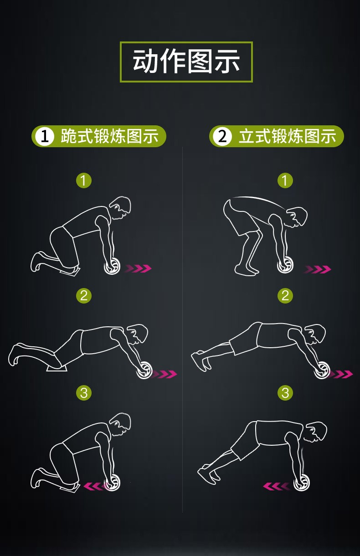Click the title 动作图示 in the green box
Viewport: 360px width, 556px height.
click(186, 62)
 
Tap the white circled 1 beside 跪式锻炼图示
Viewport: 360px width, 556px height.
click(45, 136)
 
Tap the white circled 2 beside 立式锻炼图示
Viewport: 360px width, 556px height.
click(222, 136)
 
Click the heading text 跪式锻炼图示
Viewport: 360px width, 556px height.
click(109, 136)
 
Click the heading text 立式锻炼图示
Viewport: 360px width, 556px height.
click(287, 136)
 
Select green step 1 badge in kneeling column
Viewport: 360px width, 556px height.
click(83, 180)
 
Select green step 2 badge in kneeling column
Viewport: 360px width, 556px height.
click(83, 295)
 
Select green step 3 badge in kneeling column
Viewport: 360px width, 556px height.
click(83, 392)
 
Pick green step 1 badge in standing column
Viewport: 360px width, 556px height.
click(285, 180)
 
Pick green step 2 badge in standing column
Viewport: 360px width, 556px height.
click(285, 295)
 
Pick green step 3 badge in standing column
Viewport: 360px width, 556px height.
click(285, 392)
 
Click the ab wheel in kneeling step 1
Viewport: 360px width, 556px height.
click(112, 266)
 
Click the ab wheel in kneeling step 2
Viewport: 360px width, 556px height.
click(145, 370)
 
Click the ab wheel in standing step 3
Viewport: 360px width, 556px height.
click(302, 482)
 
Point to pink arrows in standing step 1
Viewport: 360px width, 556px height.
click(317, 269)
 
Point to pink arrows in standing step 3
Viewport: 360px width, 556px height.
click(276, 486)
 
